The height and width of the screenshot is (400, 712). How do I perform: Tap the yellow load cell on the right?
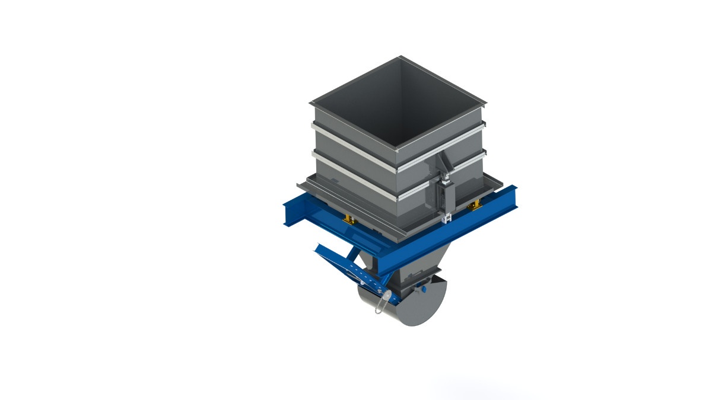coord(475,206)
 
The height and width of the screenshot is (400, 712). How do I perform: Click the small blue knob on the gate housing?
coord(424,289)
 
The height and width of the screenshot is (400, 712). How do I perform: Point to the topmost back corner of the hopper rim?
coord(401,57)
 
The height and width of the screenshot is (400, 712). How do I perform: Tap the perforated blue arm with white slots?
coord(356,273)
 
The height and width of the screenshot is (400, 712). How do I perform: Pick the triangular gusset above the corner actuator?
coord(444,164)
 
